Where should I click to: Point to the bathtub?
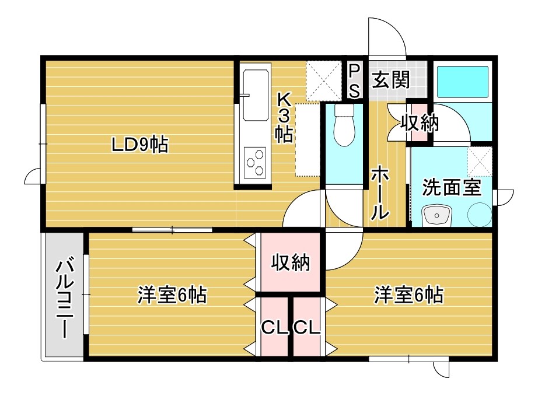[x=463, y=82]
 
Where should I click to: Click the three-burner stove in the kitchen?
[x=256, y=162]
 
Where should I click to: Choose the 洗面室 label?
[x=452, y=188]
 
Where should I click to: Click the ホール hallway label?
[x=380, y=192]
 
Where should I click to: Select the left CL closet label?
[x=275, y=328]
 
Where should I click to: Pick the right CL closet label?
[x=307, y=328]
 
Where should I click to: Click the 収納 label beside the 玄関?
[x=420, y=123]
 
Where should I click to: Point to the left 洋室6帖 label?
[x=172, y=296]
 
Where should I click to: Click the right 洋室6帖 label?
[x=408, y=295]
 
